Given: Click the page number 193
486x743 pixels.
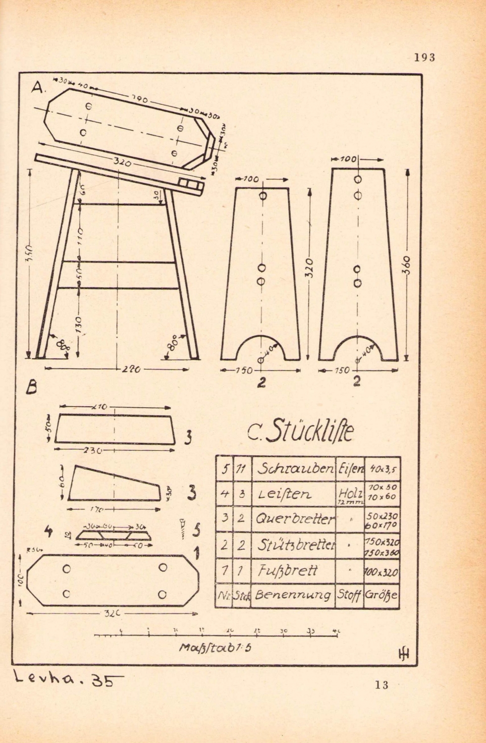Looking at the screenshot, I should point(425,57).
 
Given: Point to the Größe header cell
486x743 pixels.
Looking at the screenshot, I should point(381,595).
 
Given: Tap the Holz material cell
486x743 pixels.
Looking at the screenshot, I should point(350,493).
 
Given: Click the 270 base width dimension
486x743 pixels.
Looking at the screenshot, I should point(130,369).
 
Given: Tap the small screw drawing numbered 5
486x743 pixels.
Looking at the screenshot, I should point(183,529).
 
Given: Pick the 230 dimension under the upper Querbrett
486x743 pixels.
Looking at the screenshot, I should point(94,451).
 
